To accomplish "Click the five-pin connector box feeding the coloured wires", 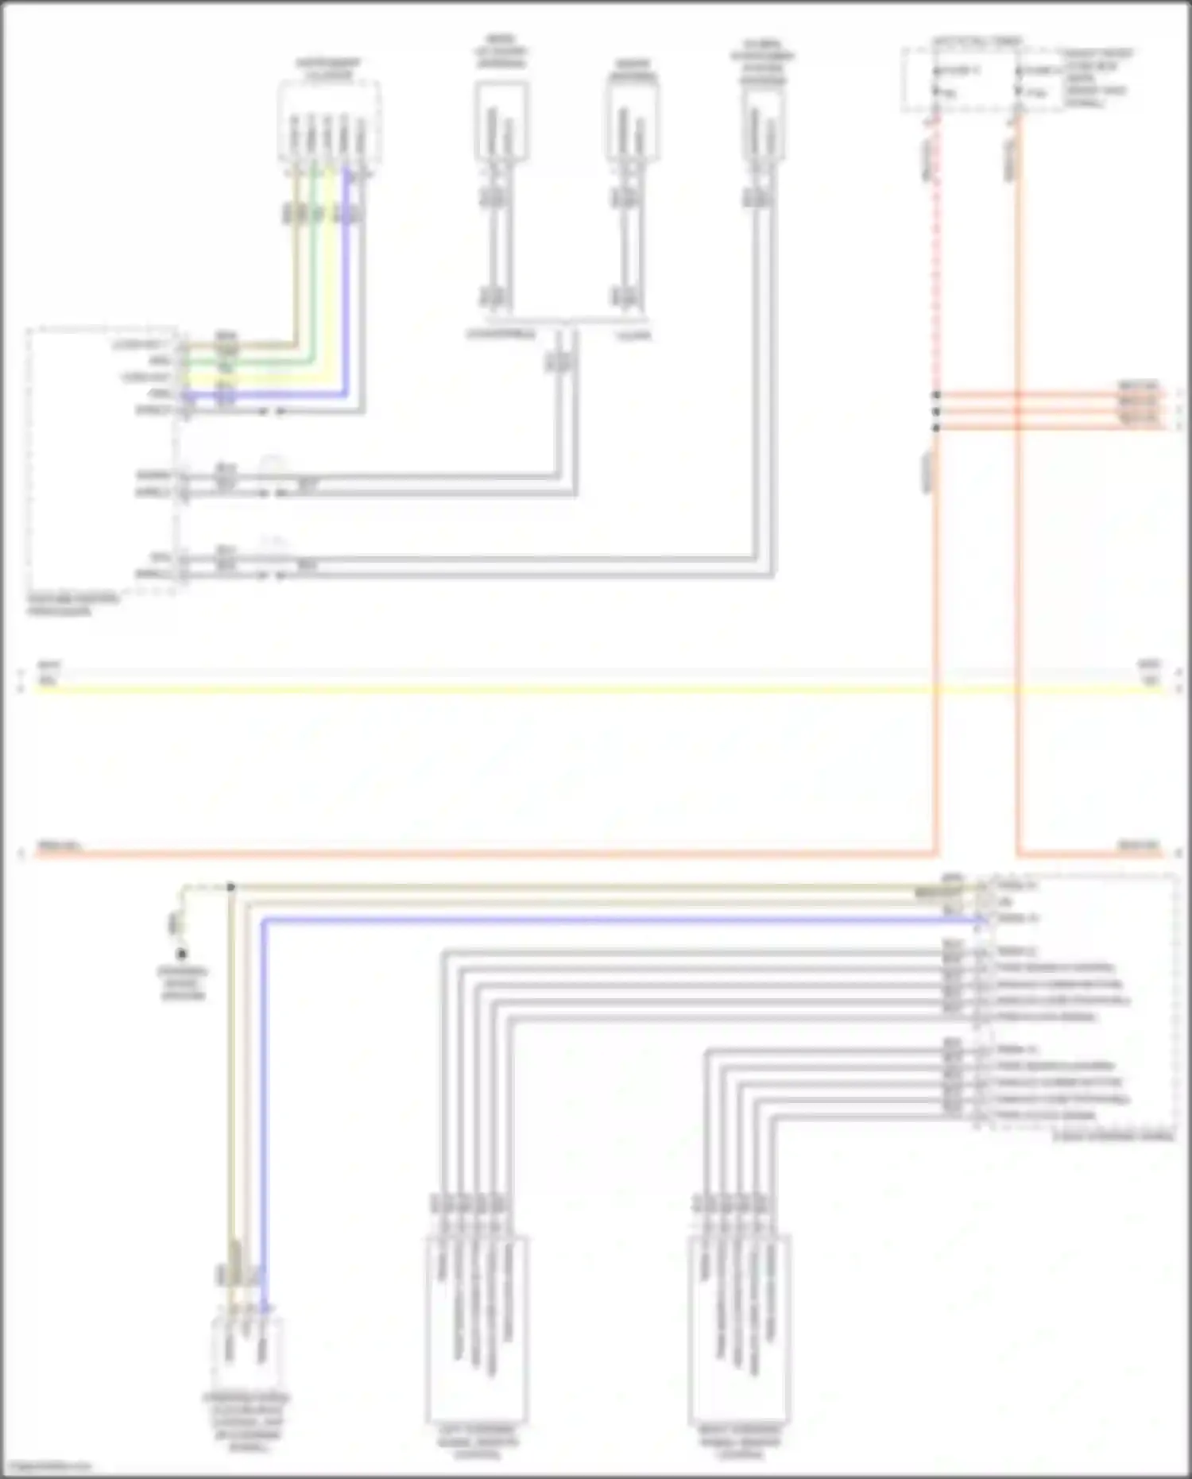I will (328, 123).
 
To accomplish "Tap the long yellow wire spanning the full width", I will (556, 688).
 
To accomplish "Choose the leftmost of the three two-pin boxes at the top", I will (501, 123).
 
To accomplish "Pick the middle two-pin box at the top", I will (633, 123).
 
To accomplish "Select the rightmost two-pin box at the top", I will (763, 123).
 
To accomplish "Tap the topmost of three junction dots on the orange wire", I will (936, 395).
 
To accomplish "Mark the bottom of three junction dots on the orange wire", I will (936, 428).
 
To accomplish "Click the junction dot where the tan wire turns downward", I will (230, 886).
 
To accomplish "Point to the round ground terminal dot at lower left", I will (182, 954).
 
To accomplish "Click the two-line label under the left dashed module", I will (72, 605).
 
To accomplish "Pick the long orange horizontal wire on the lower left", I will (477, 854).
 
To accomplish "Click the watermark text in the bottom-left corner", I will (46, 1467).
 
